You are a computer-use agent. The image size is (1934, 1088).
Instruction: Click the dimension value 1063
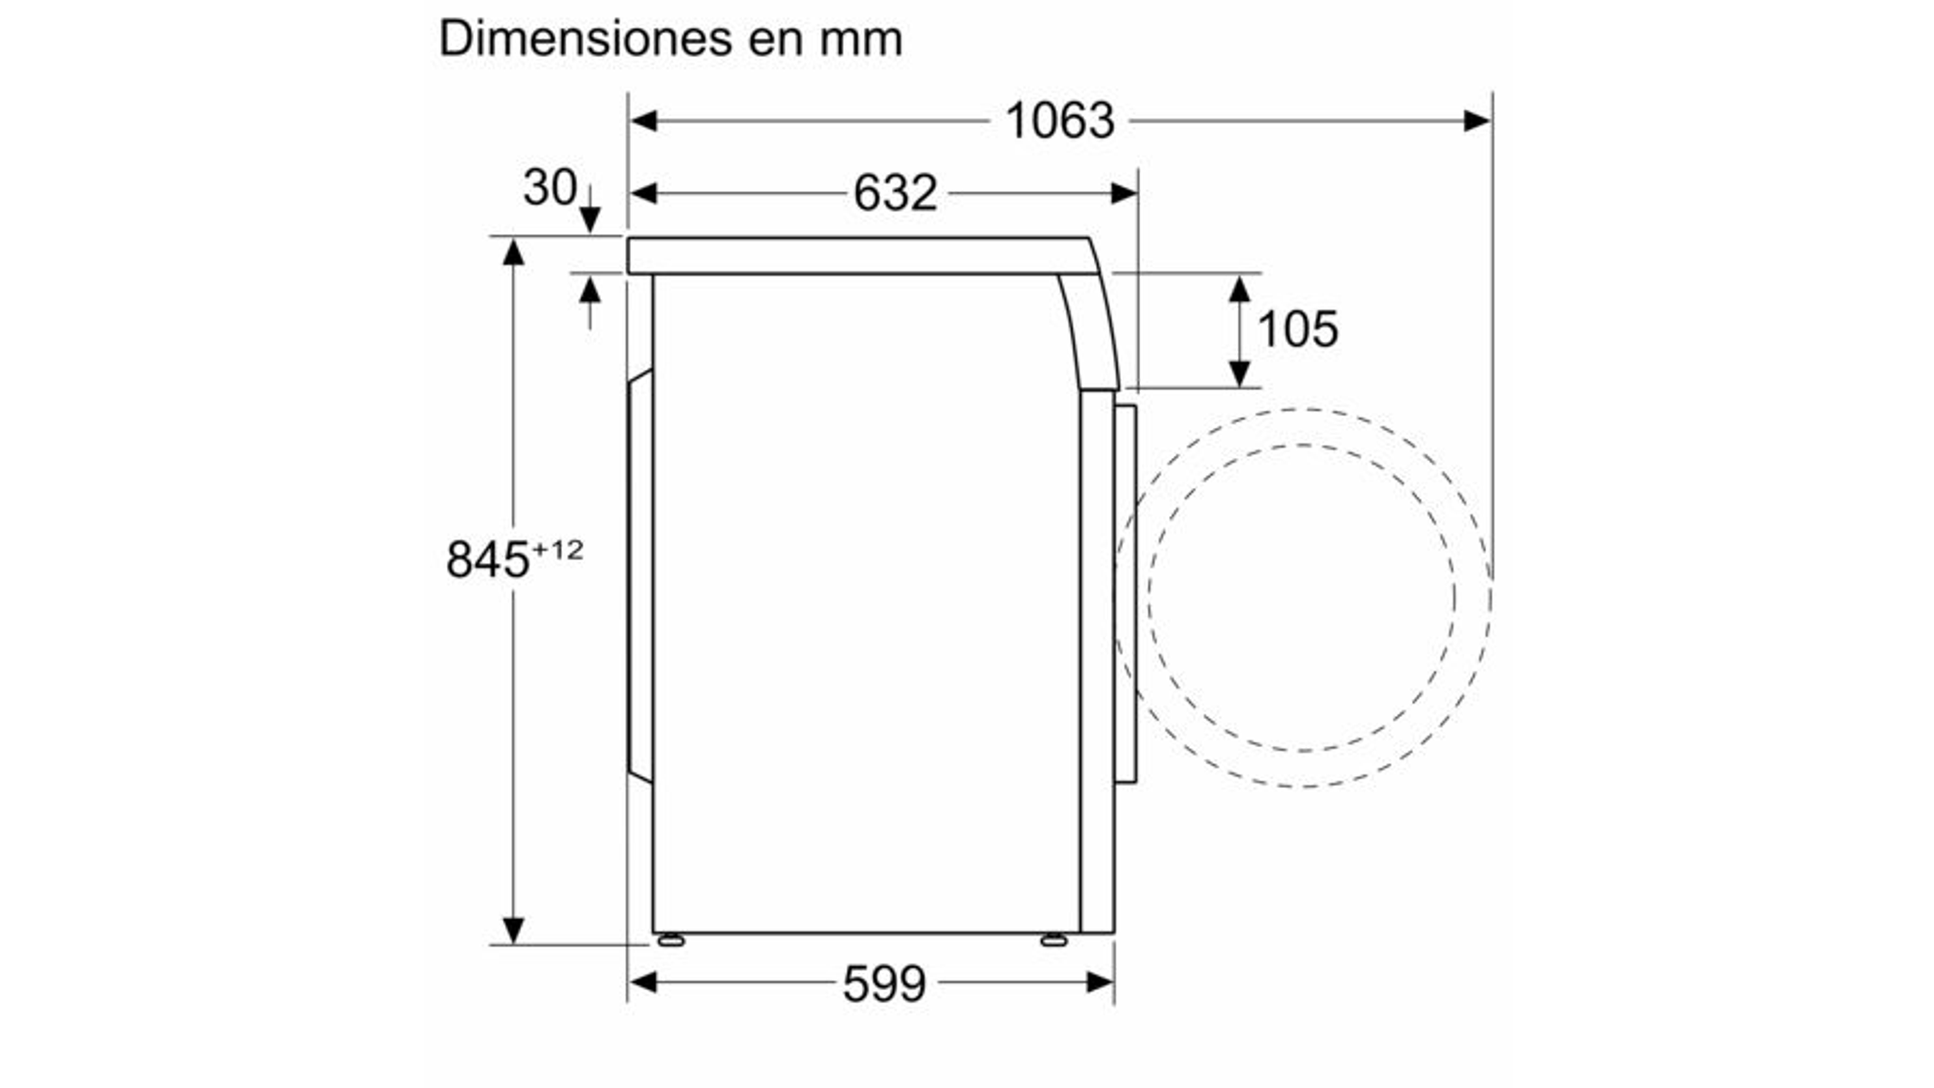(x=1059, y=121)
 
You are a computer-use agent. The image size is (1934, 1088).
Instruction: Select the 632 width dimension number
(x=894, y=193)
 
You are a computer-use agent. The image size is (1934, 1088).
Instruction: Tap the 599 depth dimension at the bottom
(x=884, y=984)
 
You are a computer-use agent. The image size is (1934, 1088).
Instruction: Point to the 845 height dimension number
(x=488, y=559)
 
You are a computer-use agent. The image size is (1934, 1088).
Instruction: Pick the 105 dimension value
(x=1298, y=328)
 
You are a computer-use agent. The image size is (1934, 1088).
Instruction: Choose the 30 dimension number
(x=549, y=188)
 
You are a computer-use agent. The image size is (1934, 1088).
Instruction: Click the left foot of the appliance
(x=671, y=940)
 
